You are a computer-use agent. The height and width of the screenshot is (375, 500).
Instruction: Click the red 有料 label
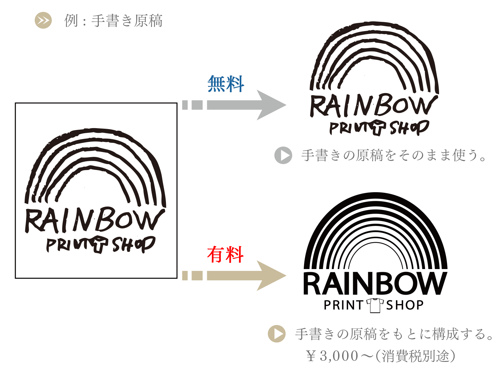pos(225,254)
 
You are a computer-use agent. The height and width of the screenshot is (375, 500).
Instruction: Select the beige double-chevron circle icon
pos(43,20)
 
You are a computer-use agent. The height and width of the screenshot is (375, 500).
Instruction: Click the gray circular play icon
pos(283,155)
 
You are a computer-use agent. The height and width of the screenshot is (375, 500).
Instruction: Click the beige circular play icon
pos(277,334)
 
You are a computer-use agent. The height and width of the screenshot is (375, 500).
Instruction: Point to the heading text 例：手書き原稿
pos(113,21)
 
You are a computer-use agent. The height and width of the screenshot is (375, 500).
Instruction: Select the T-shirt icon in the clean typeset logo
pos(375,305)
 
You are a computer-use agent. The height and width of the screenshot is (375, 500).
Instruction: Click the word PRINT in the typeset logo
pos(343,305)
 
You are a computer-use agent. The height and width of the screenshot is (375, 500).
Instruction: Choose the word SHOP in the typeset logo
pos(405,305)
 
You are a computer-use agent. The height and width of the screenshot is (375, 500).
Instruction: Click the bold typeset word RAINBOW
pos(375,284)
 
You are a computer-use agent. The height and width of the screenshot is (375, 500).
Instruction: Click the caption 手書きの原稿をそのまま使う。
pos(394,155)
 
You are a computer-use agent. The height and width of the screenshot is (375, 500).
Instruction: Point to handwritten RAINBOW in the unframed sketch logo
pos(373,106)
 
